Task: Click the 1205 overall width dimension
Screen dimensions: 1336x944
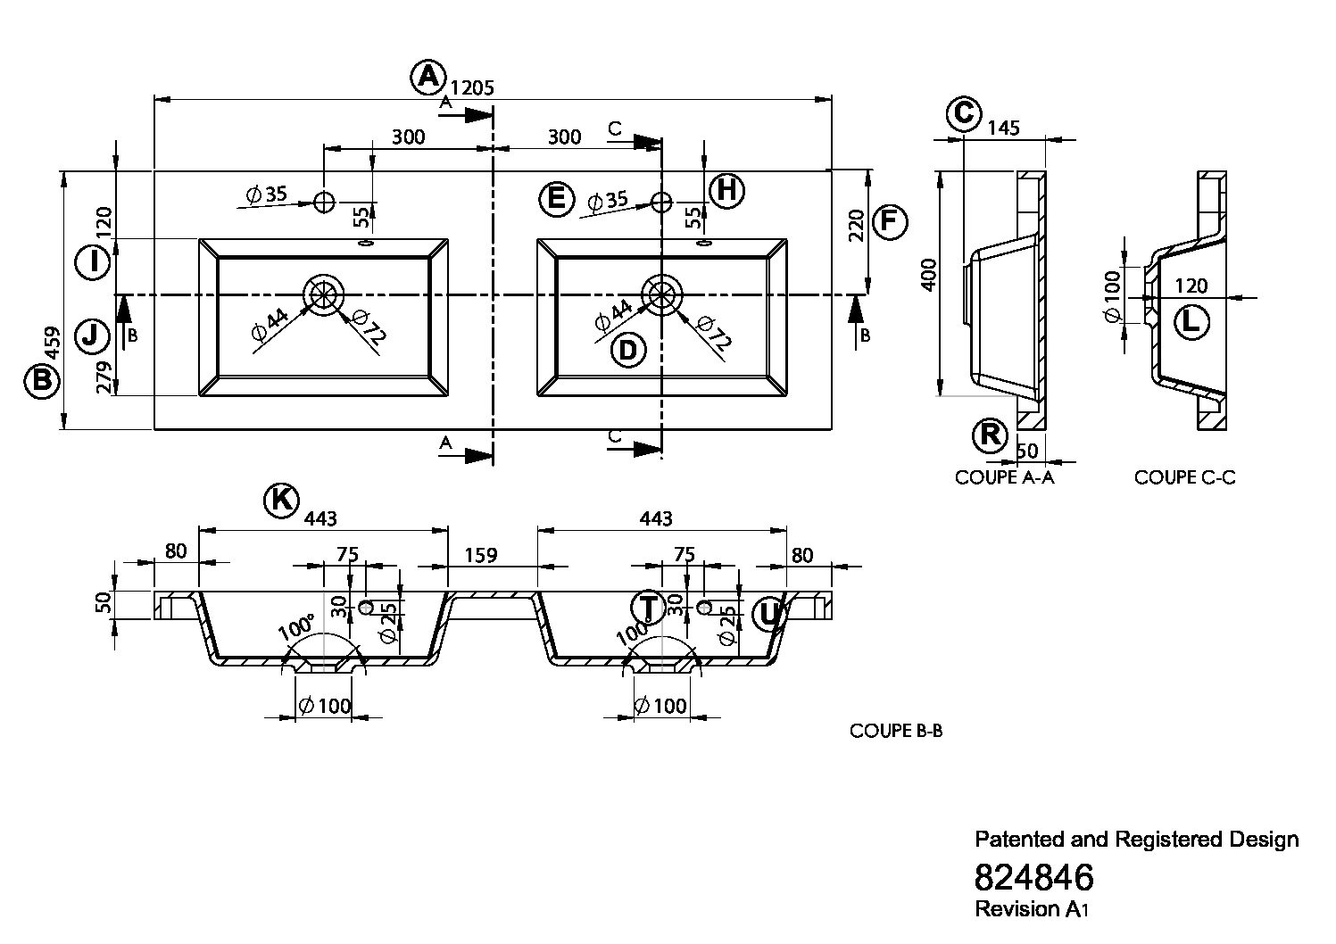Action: pyautogui.click(x=472, y=88)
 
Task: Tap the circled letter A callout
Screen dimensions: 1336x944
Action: pyautogui.click(x=428, y=77)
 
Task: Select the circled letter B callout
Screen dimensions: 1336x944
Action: pyautogui.click(x=42, y=380)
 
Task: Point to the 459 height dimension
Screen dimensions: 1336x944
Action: pyautogui.click(x=53, y=343)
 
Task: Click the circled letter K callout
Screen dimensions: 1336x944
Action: pyautogui.click(x=281, y=500)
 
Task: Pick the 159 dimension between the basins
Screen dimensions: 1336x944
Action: pyautogui.click(x=481, y=555)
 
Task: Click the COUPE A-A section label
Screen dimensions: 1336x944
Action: pyautogui.click(x=1004, y=477)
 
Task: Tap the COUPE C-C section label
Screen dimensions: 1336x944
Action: pyautogui.click(x=1184, y=477)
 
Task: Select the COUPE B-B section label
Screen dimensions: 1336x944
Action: pyautogui.click(x=896, y=731)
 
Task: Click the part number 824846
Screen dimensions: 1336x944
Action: pyautogui.click(x=1034, y=876)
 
